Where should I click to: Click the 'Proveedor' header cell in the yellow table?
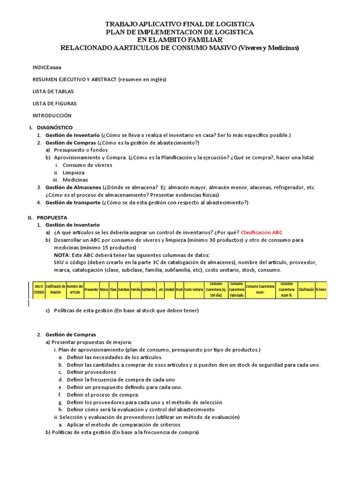(x=91, y=290)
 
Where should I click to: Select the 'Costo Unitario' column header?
(x=194, y=290)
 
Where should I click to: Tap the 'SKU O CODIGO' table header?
(x=38, y=290)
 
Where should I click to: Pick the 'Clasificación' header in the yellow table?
(x=306, y=290)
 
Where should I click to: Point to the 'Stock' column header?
(x=179, y=290)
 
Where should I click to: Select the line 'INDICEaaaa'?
(x=47, y=67)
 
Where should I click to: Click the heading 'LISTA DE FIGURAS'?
(x=54, y=103)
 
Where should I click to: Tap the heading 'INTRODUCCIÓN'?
(x=52, y=115)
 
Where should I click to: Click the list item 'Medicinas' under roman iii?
(x=75, y=180)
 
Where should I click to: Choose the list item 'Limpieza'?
(x=74, y=172)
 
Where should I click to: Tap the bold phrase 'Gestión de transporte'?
(x=73, y=202)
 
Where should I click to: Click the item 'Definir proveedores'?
(x=91, y=372)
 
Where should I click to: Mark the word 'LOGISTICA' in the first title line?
(x=234, y=24)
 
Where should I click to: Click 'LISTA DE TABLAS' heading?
(x=53, y=91)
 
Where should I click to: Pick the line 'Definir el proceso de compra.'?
(x=103, y=395)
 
